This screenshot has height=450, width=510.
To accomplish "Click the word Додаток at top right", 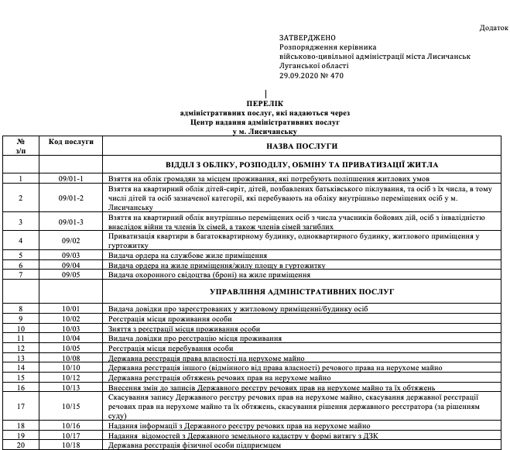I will [x=493, y=28].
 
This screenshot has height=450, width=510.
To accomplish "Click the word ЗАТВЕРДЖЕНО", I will [x=307, y=38].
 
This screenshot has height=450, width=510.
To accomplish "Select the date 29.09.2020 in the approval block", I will [x=299, y=76].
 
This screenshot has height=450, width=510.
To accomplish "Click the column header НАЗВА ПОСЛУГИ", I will [x=302, y=146].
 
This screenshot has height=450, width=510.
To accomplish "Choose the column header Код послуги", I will [x=70, y=142].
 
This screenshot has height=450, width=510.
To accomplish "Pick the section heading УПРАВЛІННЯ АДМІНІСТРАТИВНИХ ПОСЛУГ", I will [x=302, y=291].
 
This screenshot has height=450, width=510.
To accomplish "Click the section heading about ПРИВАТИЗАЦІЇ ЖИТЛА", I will [x=302, y=165].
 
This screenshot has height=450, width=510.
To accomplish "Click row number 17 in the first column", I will [x=21, y=406].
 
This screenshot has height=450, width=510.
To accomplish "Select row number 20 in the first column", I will [x=21, y=445].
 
